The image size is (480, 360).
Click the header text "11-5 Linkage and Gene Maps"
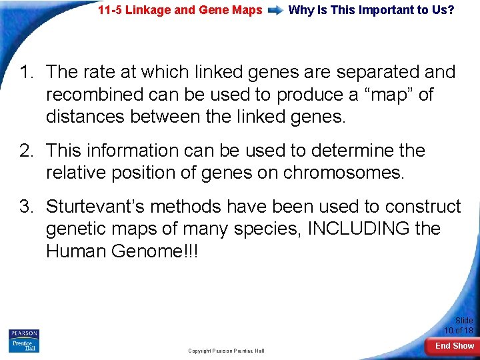(180, 11)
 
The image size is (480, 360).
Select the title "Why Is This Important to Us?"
(371, 11)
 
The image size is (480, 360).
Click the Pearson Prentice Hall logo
(25, 341)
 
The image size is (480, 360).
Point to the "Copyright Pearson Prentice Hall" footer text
(226, 351)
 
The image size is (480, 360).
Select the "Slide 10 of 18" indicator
(459, 325)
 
